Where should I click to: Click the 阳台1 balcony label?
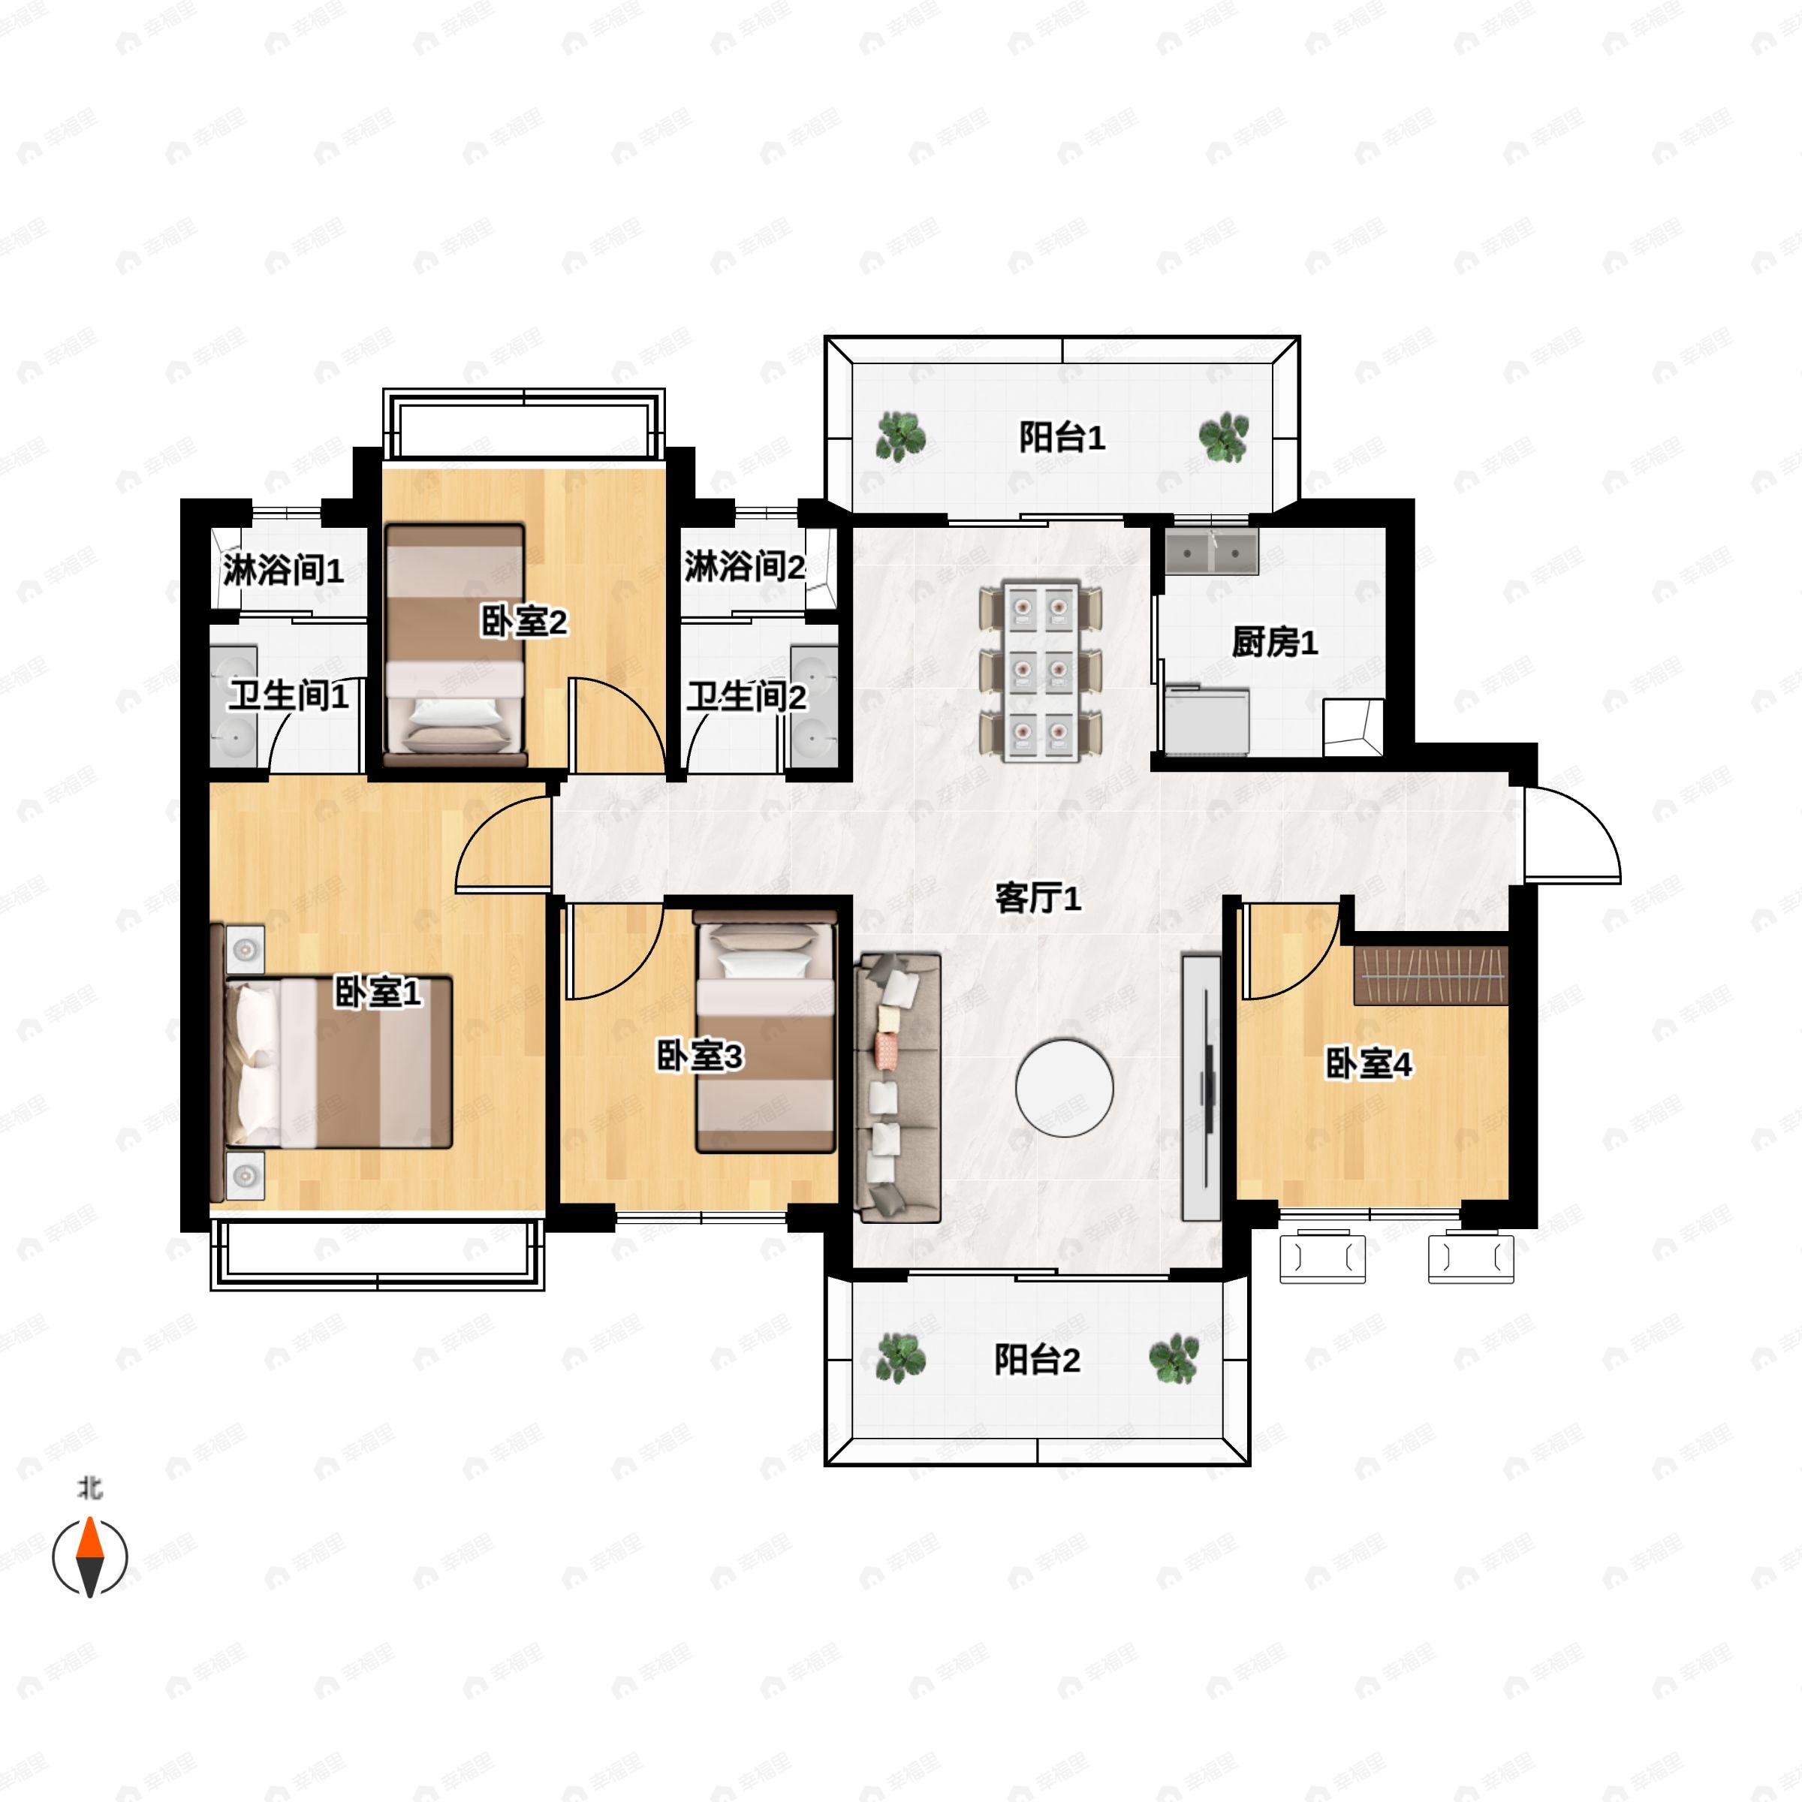pyautogui.click(x=1062, y=436)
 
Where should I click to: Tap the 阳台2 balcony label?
pyautogui.click(x=1036, y=1359)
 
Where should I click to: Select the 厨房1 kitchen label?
pyautogui.click(x=1274, y=642)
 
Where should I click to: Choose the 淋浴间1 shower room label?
pyautogui.click(x=282, y=570)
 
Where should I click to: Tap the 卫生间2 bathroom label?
pyautogui.click(x=746, y=696)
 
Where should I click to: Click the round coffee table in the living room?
pyautogui.click(x=1064, y=1089)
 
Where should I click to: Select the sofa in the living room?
pyautogui.click(x=898, y=1087)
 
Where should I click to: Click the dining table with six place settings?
pyautogui.click(x=1040, y=670)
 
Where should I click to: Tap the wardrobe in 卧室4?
pyautogui.click(x=1431, y=975)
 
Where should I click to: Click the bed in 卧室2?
pyautogui.click(x=455, y=643)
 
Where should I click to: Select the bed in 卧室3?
pyautogui.click(x=765, y=1032)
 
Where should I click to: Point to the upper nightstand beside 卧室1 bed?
pyautogui.click(x=246, y=950)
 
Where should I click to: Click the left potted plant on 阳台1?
pyautogui.click(x=900, y=436)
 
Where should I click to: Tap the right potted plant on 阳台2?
pyautogui.click(x=1174, y=1359)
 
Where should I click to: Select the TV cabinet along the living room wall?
pyautogui.click(x=1201, y=1086)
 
